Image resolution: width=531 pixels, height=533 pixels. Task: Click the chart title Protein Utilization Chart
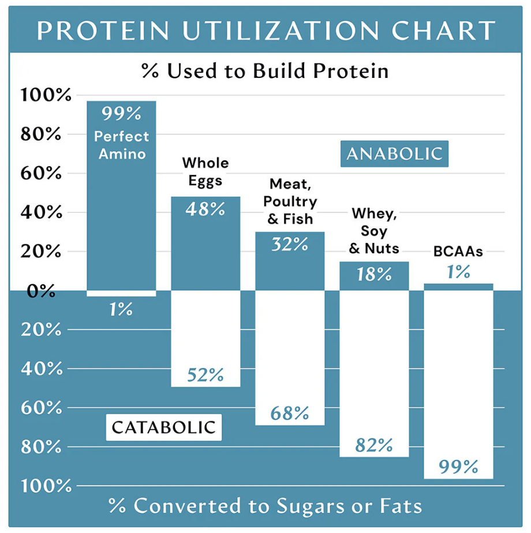pyautogui.click(x=265, y=30)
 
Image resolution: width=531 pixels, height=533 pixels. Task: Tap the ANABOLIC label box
pyautogui.click(x=394, y=154)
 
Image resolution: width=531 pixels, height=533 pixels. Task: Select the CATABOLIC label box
pyautogui.click(x=163, y=427)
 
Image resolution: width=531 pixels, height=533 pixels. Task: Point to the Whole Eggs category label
pyautogui.click(x=205, y=172)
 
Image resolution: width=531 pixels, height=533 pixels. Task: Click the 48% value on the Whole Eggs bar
pyautogui.click(x=205, y=209)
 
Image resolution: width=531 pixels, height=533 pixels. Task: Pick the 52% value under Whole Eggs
pyautogui.click(x=205, y=376)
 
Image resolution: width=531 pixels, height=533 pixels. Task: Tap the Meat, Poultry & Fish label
pyautogui.click(x=290, y=202)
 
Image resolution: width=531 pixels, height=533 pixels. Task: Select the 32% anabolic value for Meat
pyautogui.click(x=290, y=245)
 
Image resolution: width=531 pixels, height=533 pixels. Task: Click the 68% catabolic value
pyautogui.click(x=290, y=413)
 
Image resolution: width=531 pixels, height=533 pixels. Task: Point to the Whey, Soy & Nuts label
pyautogui.click(x=374, y=231)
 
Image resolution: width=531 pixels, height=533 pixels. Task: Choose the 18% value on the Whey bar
pyautogui.click(x=374, y=275)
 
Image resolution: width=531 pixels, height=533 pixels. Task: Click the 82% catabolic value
pyautogui.click(x=374, y=445)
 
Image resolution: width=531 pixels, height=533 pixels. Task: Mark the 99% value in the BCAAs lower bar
pyautogui.click(x=458, y=466)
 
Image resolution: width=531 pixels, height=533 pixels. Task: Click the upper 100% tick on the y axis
pyautogui.click(x=46, y=95)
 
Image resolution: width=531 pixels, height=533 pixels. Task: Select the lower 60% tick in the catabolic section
pyautogui.click(x=41, y=408)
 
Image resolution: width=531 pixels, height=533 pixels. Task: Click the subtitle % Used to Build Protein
pyautogui.click(x=265, y=71)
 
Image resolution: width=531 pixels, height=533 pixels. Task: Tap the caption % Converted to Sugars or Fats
pyautogui.click(x=265, y=506)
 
